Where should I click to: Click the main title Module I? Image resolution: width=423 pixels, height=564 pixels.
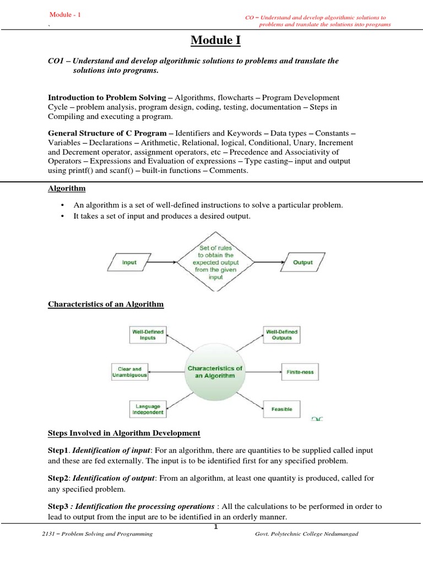pyautogui.click(x=211, y=40)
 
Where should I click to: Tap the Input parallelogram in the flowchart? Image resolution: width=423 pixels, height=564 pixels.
pyautogui.click(x=129, y=263)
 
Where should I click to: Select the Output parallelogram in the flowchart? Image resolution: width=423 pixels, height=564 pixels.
pyautogui.click(x=302, y=263)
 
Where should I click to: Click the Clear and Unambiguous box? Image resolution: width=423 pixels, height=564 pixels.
pyautogui.click(x=130, y=372)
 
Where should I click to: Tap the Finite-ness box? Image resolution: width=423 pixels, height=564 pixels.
pyautogui.click(x=300, y=372)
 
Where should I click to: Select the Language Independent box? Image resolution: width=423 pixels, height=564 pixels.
pyautogui.click(x=147, y=409)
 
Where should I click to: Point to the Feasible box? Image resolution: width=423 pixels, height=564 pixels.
pyautogui.click(x=282, y=409)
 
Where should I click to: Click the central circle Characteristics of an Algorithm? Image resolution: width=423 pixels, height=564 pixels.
pyautogui.click(x=215, y=372)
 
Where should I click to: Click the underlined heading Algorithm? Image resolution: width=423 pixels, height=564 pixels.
pyautogui.click(x=67, y=188)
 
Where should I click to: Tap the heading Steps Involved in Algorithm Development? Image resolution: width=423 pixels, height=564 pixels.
pyautogui.click(x=124, y=433)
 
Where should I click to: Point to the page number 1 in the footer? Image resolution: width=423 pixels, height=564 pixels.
pyautogui.click(x=216, y=527)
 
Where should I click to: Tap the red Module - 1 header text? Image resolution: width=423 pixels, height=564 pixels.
pyautogui.click(x=65, y=14)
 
